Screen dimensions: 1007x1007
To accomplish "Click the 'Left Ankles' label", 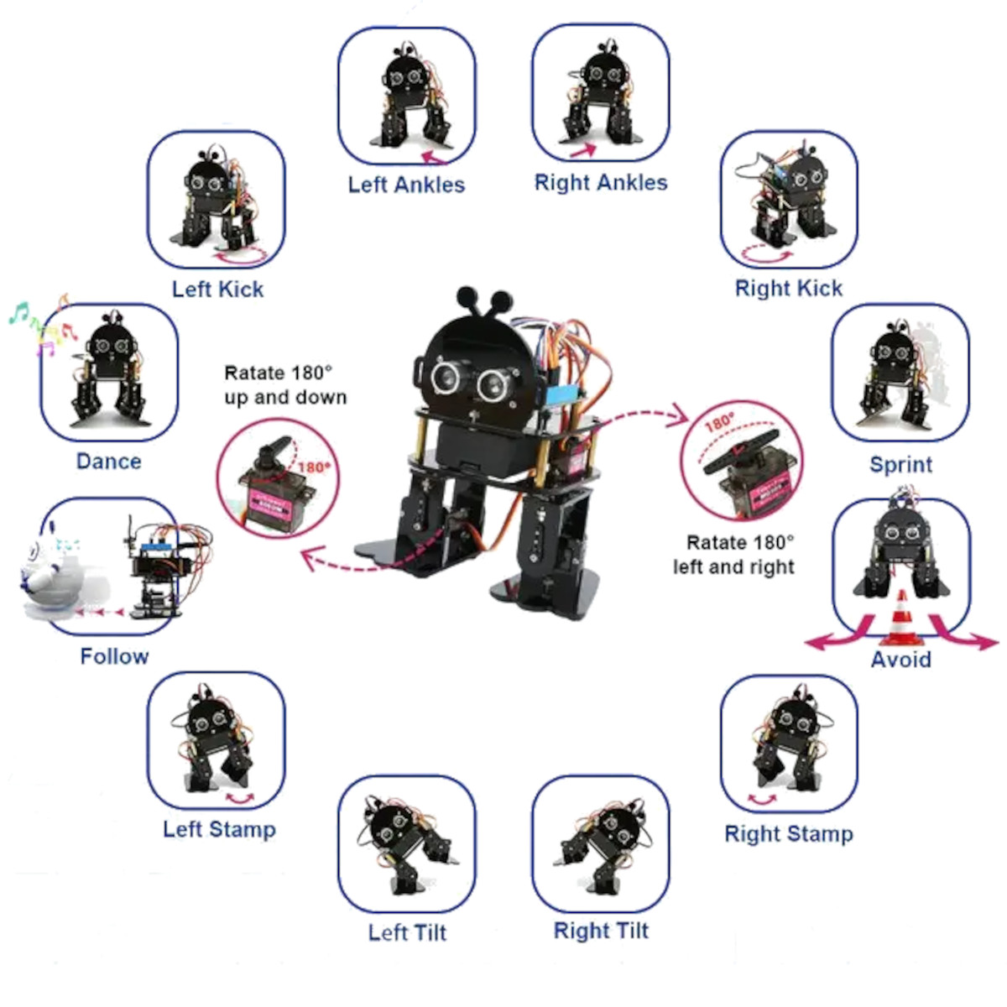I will click(x=406, y=185).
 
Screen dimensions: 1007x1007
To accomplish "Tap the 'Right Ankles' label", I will click(x=601, y=183).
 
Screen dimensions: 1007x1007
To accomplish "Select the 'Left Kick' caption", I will click(x=217, y=290).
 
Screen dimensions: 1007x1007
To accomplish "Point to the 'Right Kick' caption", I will click(x=788, y=289).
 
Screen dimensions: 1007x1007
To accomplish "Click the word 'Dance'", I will click(x=108, y=462).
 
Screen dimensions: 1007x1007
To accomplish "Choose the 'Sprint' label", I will click(x=900, y=465).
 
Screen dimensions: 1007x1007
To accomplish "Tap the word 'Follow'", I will click(x=114, y=656).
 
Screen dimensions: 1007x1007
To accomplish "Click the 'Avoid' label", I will click(x=900, y=660).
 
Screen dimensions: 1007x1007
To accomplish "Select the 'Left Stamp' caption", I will click(x=219, y=830).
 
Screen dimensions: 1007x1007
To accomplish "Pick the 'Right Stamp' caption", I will click(x=788, y=834).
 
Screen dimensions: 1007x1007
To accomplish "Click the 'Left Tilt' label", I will click(x=407, y=933).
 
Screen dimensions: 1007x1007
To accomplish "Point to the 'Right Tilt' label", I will click(x=601, y=931).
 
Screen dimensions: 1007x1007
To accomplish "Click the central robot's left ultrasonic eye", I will click(x=446, y=377).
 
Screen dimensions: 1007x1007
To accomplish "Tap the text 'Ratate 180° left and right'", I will click(x=734, y=555).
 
